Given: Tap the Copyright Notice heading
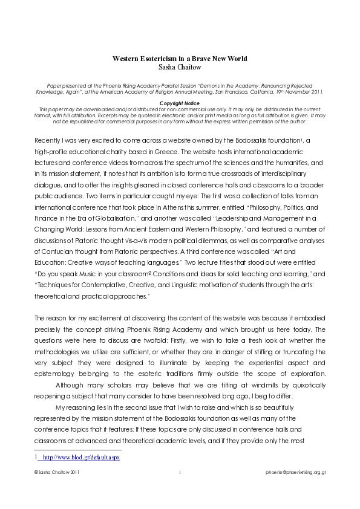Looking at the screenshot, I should [180, 103].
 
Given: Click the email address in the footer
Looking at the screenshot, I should [296, 470].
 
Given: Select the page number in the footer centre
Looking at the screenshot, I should [180, 470].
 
